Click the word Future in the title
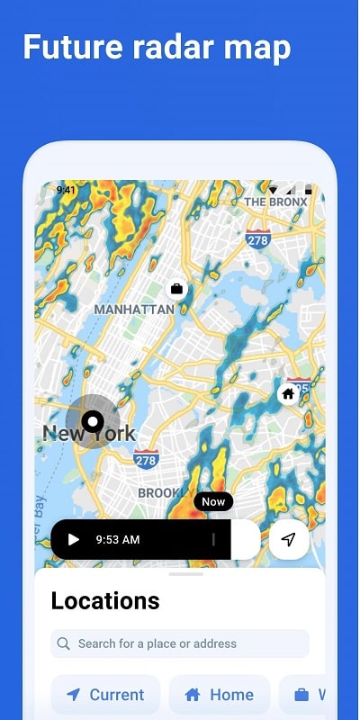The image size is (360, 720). (x=70, y=47)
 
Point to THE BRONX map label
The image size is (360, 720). (x=275, y=202)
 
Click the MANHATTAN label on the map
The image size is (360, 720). (x=134, y=309)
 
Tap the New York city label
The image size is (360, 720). (x=89, y=433)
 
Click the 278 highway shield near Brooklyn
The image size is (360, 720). (x=146, y=460)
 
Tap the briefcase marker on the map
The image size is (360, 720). (x=176, y=289)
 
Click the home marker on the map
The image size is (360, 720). (x=288, y=393)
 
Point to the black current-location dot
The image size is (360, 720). (x=93, y=420)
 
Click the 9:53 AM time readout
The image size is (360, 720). (x=117, y=540)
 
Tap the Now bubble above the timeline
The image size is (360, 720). (x=213, y=502)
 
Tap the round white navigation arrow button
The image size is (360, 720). (x=288, y=540)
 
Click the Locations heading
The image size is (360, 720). (x=105, y=600)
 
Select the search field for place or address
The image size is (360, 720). (x=180, y=643)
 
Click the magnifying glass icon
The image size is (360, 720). (x=64, y=643)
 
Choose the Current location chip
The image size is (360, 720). (x=105, y=695)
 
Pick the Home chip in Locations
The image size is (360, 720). (x=219, y=695)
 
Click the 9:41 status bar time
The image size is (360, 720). (x=66, y=190)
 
